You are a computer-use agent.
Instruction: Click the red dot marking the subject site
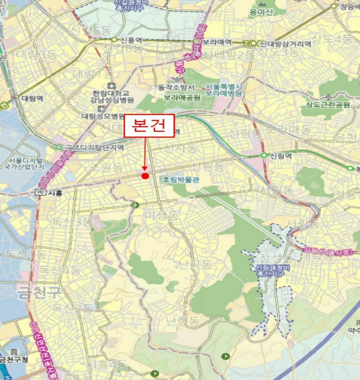[x=145, y=175]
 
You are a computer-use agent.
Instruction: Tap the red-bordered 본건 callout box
[x=149, y=126]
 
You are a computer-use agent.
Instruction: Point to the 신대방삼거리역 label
[x=285, y=43]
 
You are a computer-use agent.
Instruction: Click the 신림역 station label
[x=281, y=155]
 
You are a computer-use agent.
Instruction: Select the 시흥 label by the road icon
[x=55, y=192]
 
